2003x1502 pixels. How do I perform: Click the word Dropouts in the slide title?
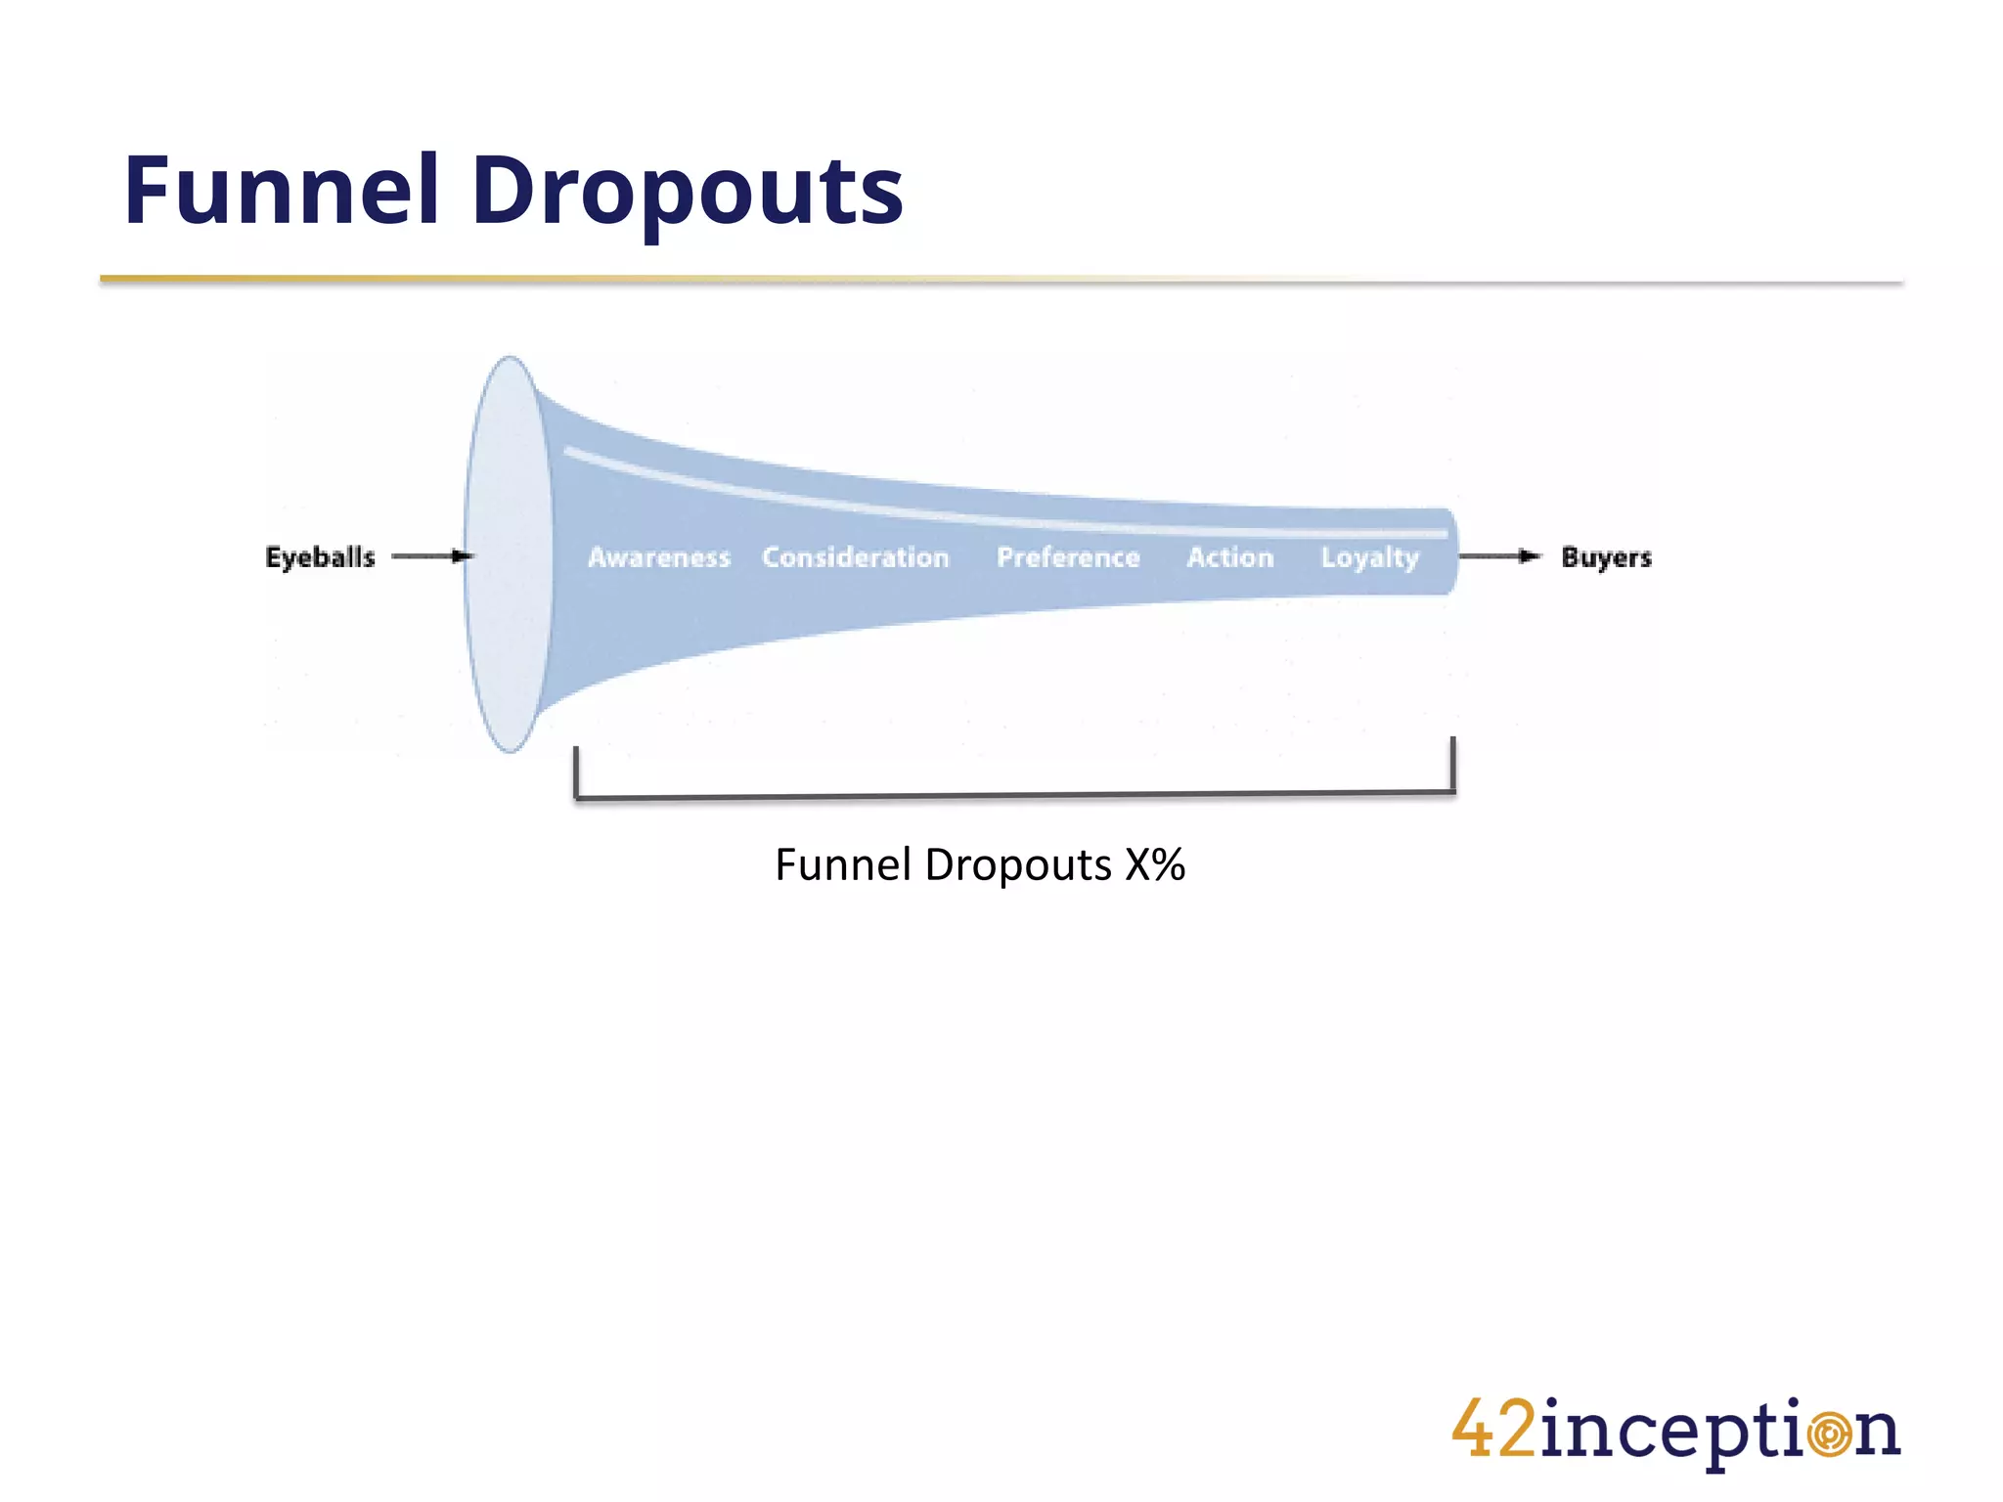(x=688, y=193)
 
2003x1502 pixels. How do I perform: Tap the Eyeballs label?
(x=320, y=557)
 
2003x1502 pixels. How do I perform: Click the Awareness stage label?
(x=659, y=557)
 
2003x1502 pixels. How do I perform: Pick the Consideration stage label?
(x=856, y=557)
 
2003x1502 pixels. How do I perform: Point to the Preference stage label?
(x=1068, y=557)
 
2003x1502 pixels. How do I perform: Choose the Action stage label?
(x=1230, y=557)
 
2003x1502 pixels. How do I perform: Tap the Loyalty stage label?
(x=1369, y=558)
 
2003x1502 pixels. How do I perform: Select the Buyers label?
(x=1606, y=557)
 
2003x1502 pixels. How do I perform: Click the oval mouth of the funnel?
(x=509, y=554)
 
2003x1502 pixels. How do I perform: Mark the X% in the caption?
(x=1155, y=865)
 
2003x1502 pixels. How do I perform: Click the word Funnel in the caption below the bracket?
(x=843, y=865)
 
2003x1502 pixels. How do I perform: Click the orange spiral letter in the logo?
(x=1829, y=1434)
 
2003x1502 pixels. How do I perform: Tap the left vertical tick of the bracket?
(x=576, y=773)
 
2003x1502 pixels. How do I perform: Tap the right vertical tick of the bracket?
(x=1453, y=765)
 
